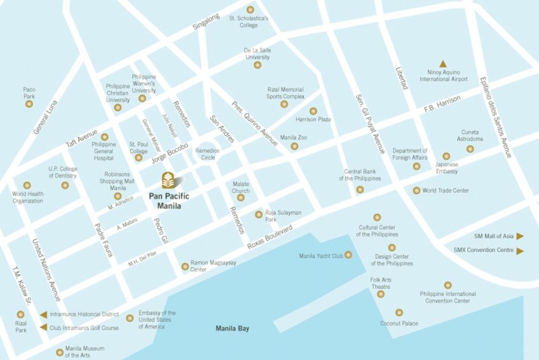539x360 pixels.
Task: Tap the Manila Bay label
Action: pos(232,328)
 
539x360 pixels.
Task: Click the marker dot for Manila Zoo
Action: pos(294,146)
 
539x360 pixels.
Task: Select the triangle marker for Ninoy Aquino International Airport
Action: pos(443,64)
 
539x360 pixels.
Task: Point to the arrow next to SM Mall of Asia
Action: pos(520,236)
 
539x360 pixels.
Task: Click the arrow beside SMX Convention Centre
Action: pos(520,251)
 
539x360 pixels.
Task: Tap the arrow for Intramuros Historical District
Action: pos(43,314)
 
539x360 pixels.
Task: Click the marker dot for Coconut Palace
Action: pos(399,312)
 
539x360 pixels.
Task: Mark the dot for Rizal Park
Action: pos(20,314)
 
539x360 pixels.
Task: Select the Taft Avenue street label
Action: pos(82,137)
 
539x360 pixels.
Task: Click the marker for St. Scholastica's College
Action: pos(250,10)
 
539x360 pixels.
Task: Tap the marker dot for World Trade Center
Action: pos(416,190)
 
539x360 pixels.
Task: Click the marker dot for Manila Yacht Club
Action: pos(348,255)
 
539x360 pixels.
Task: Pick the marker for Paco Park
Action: pos(29,104)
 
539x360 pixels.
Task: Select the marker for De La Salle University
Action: pos(257,65)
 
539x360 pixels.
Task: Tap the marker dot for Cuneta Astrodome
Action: pos(470,149)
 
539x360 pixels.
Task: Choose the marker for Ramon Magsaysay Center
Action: pos(185,266)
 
